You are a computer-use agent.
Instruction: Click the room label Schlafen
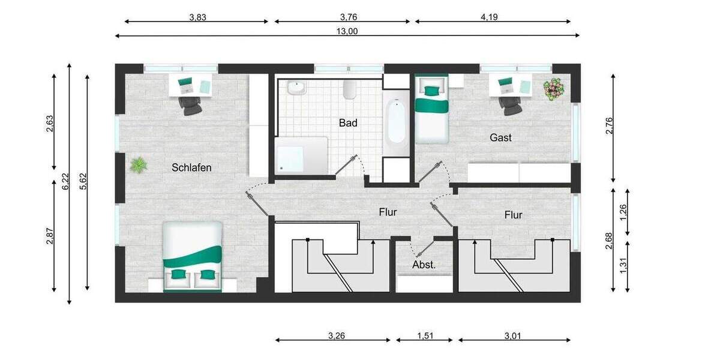(191, 167)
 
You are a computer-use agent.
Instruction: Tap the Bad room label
(348, 123)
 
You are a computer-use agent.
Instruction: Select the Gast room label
(500, 137)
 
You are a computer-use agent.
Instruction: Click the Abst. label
(424, 264)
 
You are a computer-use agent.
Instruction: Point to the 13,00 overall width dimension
(347, 32)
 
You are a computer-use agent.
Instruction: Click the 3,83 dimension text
(197, 17)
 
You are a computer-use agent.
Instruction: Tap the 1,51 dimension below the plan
(425, 336)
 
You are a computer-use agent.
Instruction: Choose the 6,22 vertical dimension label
(65, 182)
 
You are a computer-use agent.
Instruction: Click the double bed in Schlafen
(193, 256)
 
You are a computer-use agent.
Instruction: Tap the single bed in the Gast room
(432, 109)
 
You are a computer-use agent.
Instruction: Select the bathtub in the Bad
(396, 122)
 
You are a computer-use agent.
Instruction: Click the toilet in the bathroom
(350, 90)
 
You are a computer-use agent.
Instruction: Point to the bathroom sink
(296, 89)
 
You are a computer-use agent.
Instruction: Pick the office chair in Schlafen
(191, 106)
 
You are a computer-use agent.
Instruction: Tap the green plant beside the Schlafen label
(139, 164)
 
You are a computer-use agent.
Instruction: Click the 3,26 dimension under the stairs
(337, 336)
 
